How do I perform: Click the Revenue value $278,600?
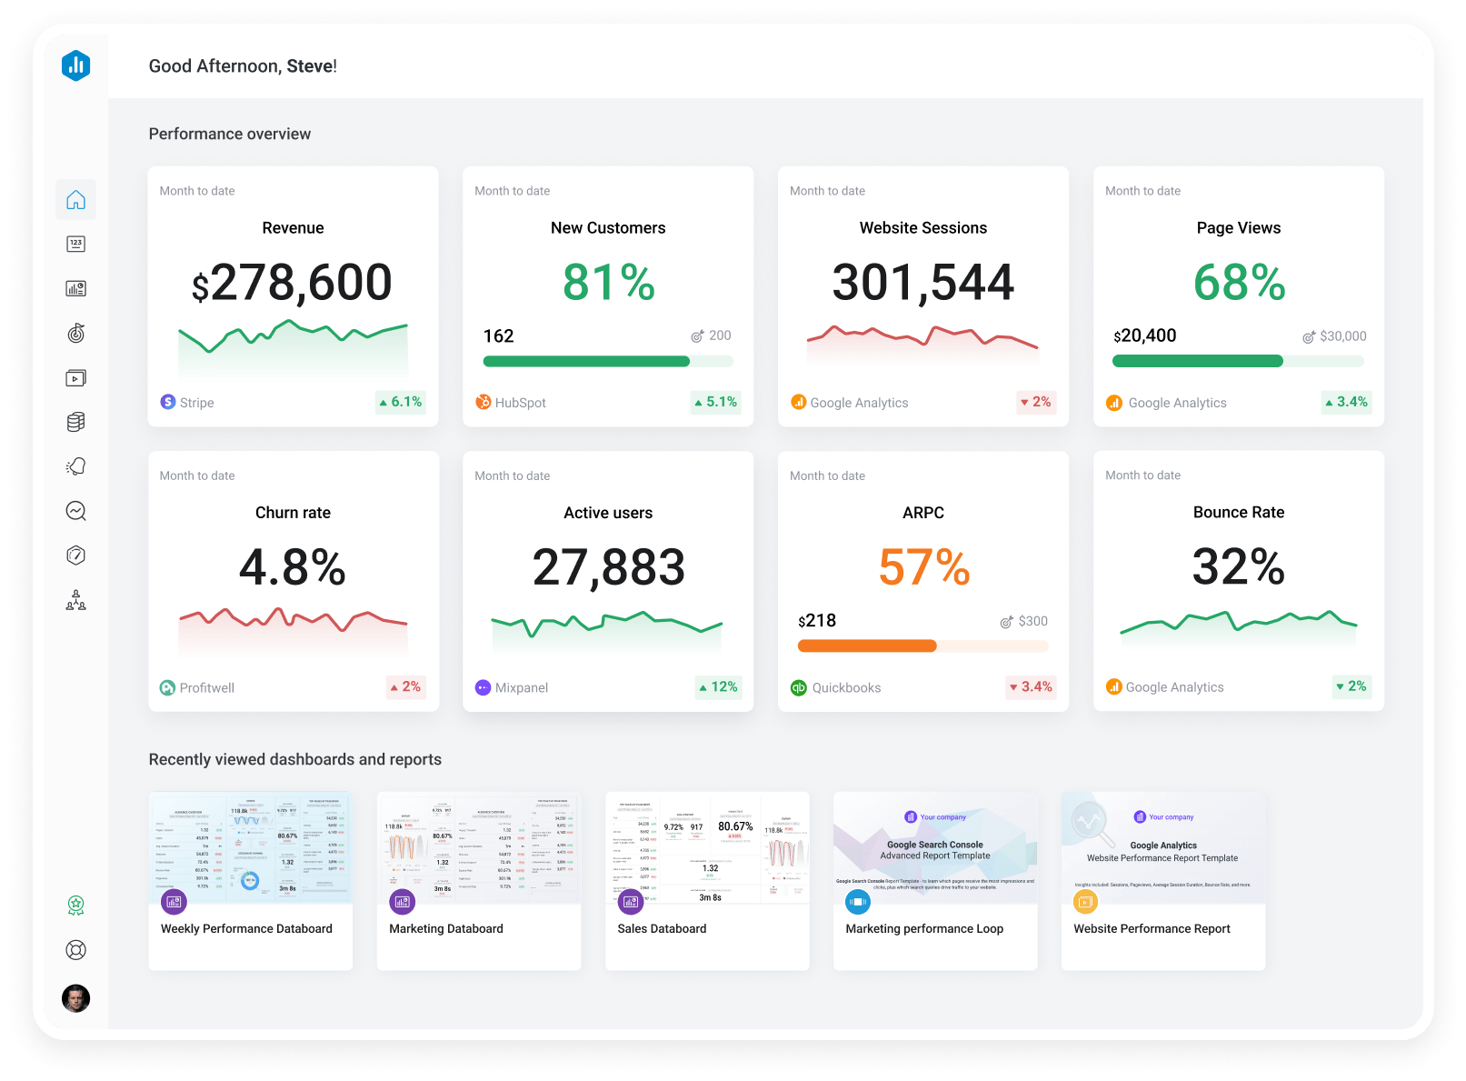click(292, 283)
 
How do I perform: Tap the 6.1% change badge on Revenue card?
click(401, 402)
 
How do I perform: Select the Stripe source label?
click(196, 403)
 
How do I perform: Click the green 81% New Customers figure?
click(608, 283)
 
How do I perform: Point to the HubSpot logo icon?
click(484, 402)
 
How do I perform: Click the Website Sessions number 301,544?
click(922, 283)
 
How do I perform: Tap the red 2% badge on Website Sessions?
click(1035, 402)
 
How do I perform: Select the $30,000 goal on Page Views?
click(1342, 336)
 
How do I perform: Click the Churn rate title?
click(293, 513)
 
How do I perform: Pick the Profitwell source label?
click(206, 688)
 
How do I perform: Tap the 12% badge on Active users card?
click(718, 687)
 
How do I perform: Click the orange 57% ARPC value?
click(923, 567)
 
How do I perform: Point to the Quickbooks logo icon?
click(798, 688)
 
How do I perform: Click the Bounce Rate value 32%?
click(1238, 567)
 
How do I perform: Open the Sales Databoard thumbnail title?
click(662, 928)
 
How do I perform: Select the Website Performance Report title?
click(1152, 928)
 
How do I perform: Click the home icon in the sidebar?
click(75, 200)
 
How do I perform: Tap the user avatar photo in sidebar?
click(75, 998)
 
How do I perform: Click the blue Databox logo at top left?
click(76, 65)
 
